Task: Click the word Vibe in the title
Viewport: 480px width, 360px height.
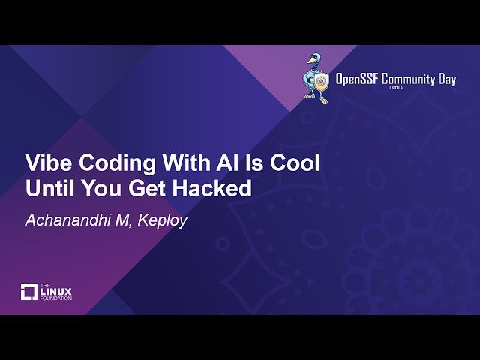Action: pyautogui.click(x=49, y=163)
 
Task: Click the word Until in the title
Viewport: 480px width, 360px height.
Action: pyautogui.click(x=50, y=189)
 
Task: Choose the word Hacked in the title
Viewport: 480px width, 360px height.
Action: pyautogui.click(x=216, y=189)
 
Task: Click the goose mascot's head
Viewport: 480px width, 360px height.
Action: pyautogui.click(x=314, y=59)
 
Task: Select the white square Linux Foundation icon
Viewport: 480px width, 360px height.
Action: pyautogui.click(x=29, y=291)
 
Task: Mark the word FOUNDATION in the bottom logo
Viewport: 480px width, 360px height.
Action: pyautogui.click(x=57, y=298)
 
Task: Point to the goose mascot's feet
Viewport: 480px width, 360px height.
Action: pyautogui.click(x=319, y=99)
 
